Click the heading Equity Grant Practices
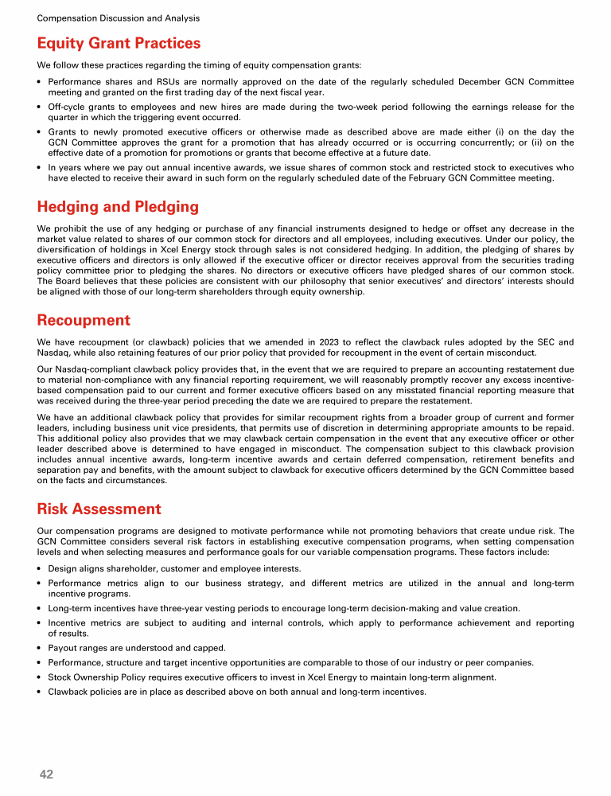[x=119, y=43]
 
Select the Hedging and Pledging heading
[x=118, y=207]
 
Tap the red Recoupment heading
[x=84, y=320]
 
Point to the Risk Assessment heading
[x=99, y=509]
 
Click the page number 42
[x=46, y=774]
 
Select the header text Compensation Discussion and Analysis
[x=119, y=18]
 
